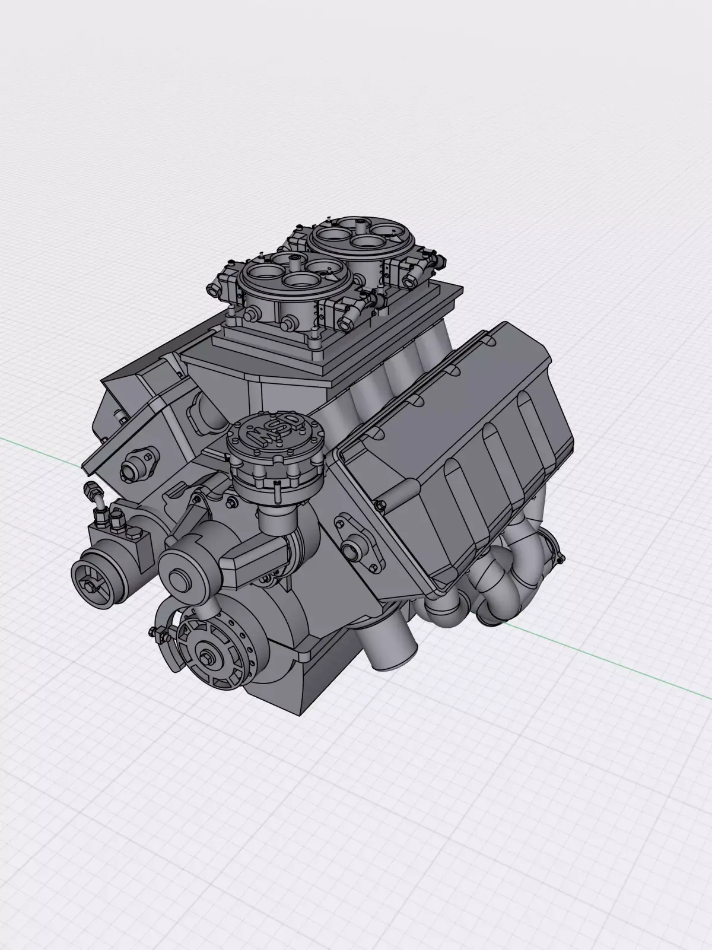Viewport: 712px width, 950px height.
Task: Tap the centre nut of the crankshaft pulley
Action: [211, 659]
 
